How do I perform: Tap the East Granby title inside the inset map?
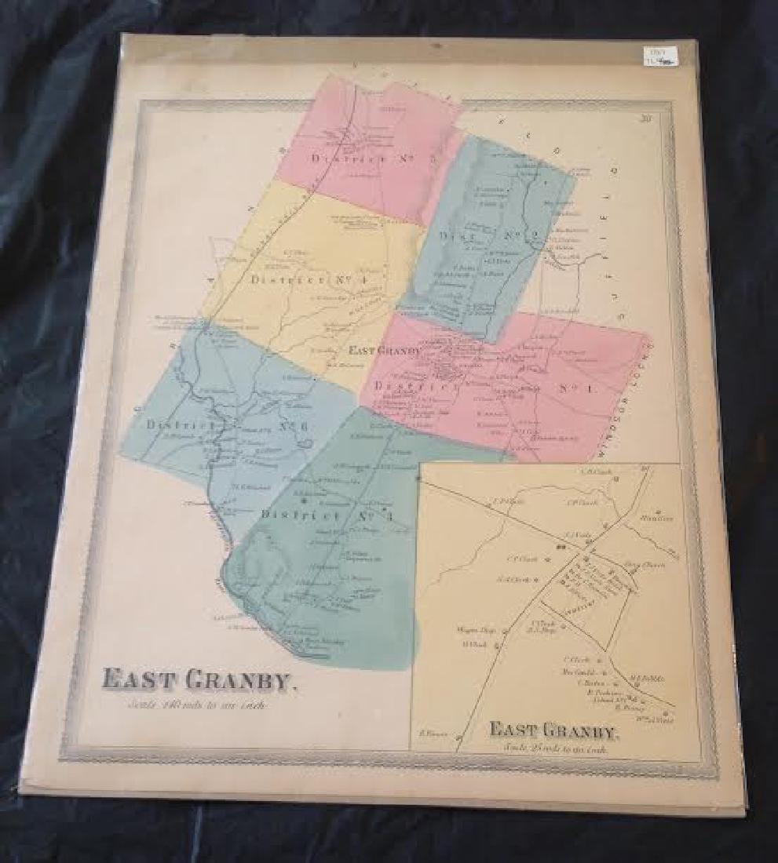[x=554, y=729]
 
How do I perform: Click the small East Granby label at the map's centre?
[x=385, y=351]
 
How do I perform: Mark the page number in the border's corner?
[x=646, y=119]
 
